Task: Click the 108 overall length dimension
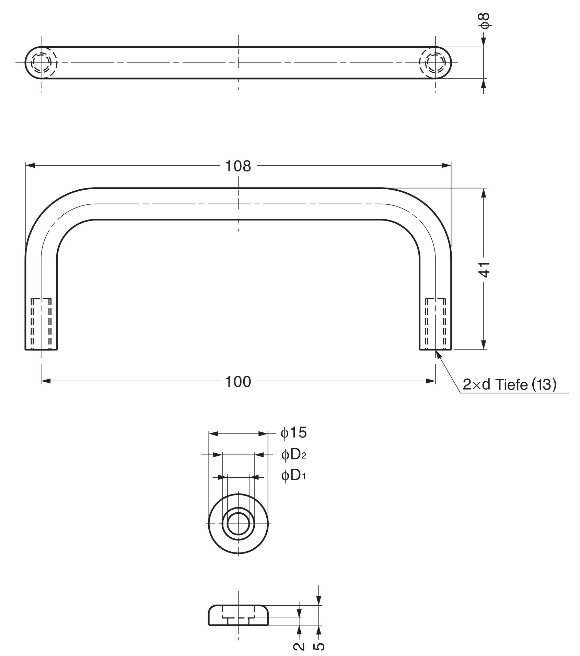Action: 238,166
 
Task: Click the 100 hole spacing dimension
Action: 238,382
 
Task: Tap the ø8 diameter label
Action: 485,21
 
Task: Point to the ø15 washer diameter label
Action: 294,433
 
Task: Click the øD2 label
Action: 294,455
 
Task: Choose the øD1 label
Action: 293,475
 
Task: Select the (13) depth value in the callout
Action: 544,385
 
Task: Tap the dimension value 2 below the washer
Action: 299,646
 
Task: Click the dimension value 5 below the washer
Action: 319,646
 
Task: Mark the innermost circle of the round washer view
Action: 238,524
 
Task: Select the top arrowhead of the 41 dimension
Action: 484,193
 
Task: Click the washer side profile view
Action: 238,615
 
